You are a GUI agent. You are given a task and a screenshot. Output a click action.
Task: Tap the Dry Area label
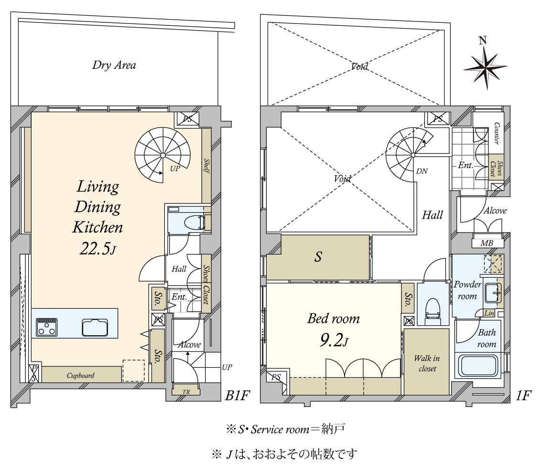pyautogui.click(x=114, y=65)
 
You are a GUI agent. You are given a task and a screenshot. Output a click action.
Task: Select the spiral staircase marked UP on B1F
pyautogui.click(x=163, y=155)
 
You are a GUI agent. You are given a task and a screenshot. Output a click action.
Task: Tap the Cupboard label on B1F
pyautogui.click(x=80, y=375)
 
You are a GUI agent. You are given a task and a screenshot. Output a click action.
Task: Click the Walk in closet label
pyautogui.click(x=427, y=363)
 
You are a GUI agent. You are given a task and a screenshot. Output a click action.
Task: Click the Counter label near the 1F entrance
pyautogui.click(x=497, y=134)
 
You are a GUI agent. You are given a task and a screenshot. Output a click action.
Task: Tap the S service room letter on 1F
pyautogui.click(x=318, y=257)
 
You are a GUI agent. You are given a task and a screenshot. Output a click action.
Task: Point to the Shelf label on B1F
pyautogui.click(x=207, y=166)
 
